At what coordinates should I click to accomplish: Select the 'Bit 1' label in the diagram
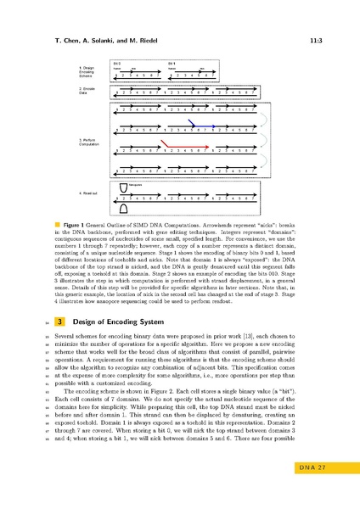(171, 63)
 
